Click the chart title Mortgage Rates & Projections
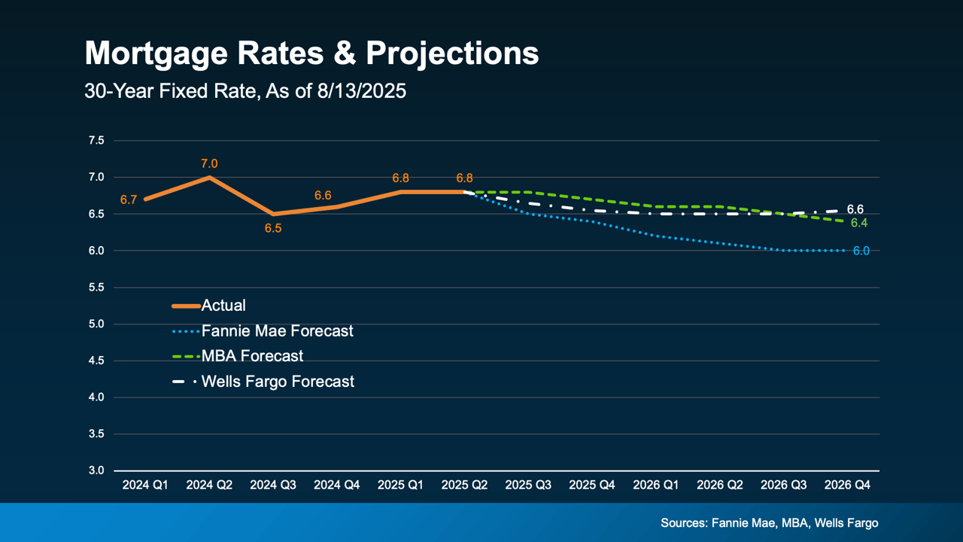(x=311, y=54)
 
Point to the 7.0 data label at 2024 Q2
(x=209, y=163)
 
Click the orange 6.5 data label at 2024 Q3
(x=272, y=228)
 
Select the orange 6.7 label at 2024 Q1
(x=128, y=200)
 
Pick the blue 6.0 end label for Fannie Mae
(x=861, y=251)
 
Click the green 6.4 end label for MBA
(x=859, y=223)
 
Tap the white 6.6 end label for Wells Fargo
(x=855, y=209)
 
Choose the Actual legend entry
(x=223, y=306)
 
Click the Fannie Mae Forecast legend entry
(x=277, y=330)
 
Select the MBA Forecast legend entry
(x=252, y=355)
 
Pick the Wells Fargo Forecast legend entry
(x=278, y=382)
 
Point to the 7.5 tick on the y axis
(x=96, y=141)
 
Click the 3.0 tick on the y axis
(x=96, y=470)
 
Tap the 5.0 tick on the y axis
(x=96, y=324)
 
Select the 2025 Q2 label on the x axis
(x=464, y=486)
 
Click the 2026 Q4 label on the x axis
(x=848, y=486)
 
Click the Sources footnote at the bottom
(x=769, y=522)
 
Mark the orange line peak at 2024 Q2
(x=209, y=178)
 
